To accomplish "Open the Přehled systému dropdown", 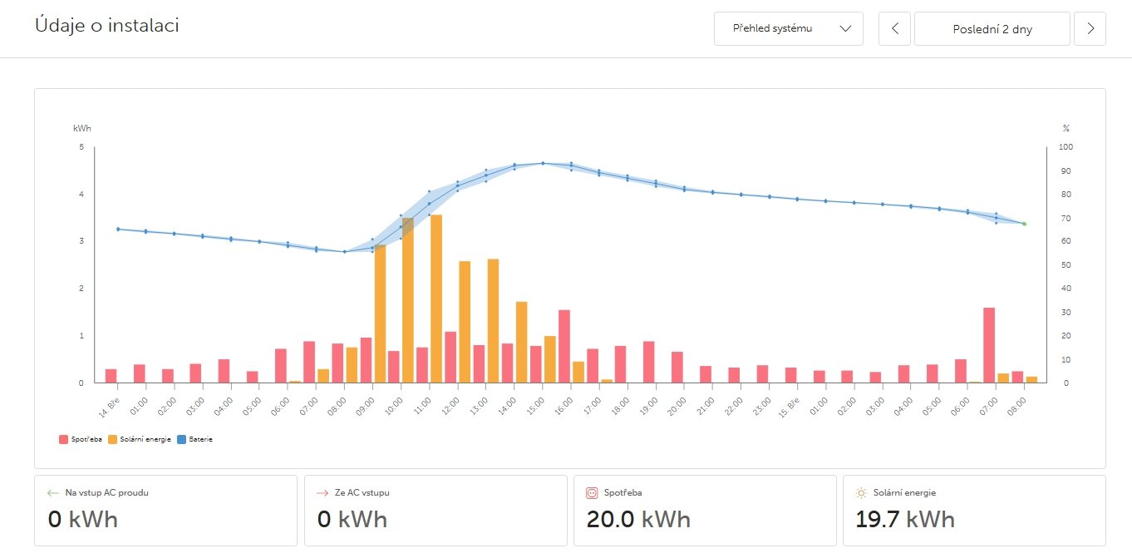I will click(788, 28).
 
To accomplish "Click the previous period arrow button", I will click(894, 28).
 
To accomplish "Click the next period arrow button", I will click(1090, 28).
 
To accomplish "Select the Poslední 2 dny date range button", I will click(992, 28).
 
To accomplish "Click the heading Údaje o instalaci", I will click(107, 26).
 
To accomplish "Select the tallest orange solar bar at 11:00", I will click(436, 299).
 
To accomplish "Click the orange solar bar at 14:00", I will click(521, 342).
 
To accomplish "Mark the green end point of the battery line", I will click(1024, 224).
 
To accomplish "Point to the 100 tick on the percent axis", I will click(1066, 147).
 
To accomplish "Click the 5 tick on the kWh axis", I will click(81, 147).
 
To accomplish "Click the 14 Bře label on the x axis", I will click(109, 400).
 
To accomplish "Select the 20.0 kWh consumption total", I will click(638, 520).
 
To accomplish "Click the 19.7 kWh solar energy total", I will click(905, 520).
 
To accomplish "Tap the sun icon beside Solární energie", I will click(861, 492).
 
